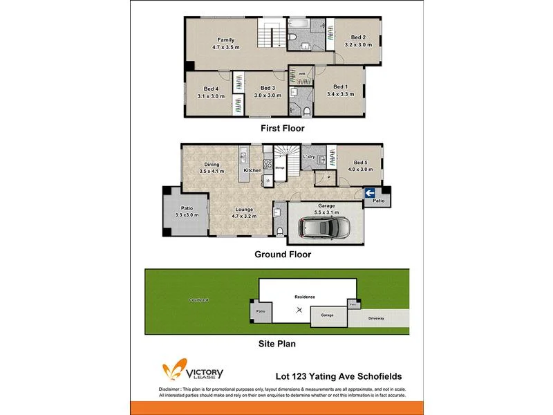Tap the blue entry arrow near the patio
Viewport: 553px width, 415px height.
(x=370, y=193)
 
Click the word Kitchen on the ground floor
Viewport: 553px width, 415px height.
(x=252, y=170)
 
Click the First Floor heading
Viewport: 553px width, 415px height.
(x=282, y=129)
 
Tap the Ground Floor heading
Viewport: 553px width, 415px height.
(x=282, y=255)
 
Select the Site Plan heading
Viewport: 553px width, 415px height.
(x=276, y=342)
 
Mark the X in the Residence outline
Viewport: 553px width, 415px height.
(x=299, y=311)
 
